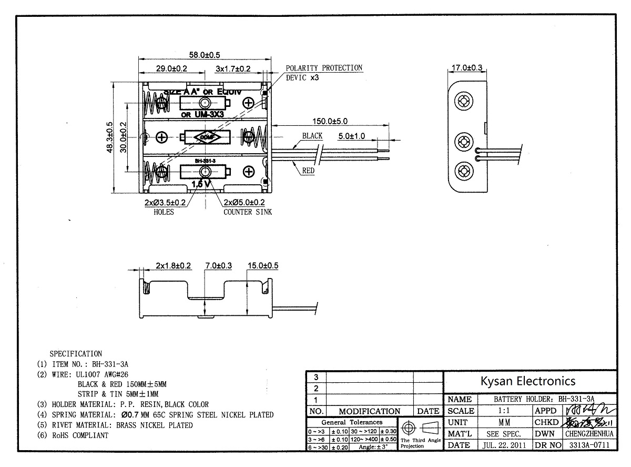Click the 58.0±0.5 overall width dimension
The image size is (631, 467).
point(205,55)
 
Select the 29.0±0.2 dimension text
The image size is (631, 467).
point(172,68)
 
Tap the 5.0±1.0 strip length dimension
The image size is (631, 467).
point(352,135)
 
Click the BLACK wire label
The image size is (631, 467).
point(312,135)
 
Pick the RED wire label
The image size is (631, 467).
point(309,170)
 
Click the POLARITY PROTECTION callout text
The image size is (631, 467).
point(324,68)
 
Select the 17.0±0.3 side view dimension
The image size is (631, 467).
point(467,67)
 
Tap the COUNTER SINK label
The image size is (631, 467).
point(248,212)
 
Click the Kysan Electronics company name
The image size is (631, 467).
point(529,381)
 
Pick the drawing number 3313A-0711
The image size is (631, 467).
point(589,445)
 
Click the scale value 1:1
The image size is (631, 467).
point(504,411)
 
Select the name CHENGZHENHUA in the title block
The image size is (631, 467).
point(589,434)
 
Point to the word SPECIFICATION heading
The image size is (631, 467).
point(76,354)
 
